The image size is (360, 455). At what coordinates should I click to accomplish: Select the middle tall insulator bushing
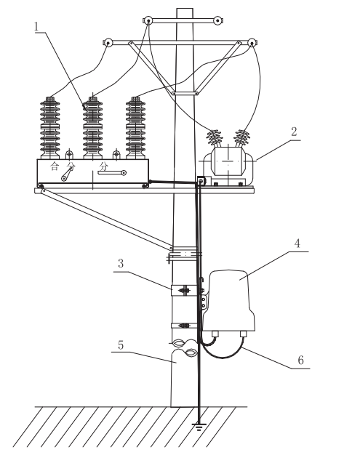coord(93,127)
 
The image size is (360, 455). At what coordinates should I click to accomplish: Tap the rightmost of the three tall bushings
coord(135,127)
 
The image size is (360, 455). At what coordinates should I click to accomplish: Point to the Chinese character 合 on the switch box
coord(52,166)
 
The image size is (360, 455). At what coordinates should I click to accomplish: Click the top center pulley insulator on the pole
coord(151,20)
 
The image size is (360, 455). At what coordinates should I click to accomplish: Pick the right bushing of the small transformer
coord(242,139)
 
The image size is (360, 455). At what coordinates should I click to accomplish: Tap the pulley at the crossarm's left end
coord(108,42)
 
